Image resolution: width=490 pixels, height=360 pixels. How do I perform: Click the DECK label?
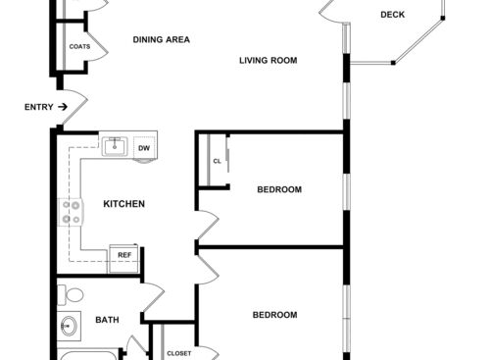pos(392,15)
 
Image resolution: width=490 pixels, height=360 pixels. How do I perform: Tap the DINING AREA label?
pos(162,40)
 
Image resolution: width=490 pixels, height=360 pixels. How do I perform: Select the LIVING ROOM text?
pos(268,61)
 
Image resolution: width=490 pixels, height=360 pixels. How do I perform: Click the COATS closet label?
pos(80,47)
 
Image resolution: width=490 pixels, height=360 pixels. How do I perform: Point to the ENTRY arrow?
pos(63,106)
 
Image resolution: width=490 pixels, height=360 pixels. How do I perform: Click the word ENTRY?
pos(38,106)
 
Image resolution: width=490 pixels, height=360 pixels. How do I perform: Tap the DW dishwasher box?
pos(144,148)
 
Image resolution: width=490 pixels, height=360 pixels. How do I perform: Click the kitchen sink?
pos(116,146)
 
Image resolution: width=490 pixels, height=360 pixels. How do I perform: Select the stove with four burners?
pos(71,212)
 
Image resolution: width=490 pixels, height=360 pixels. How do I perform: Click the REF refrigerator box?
pos(124,255)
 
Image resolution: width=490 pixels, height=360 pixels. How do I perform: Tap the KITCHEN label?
pos(124,204)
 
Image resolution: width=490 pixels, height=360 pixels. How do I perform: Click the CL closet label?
pos(217,162)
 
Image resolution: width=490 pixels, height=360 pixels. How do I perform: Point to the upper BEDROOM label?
pos(279,189)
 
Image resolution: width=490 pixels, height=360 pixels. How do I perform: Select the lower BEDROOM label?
pos(274,315)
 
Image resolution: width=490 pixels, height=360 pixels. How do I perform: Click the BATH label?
pos(107,320)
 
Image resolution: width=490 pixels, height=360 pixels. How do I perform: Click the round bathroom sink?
pos(70,326)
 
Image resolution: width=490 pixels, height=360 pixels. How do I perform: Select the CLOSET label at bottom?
pos(178,353)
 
